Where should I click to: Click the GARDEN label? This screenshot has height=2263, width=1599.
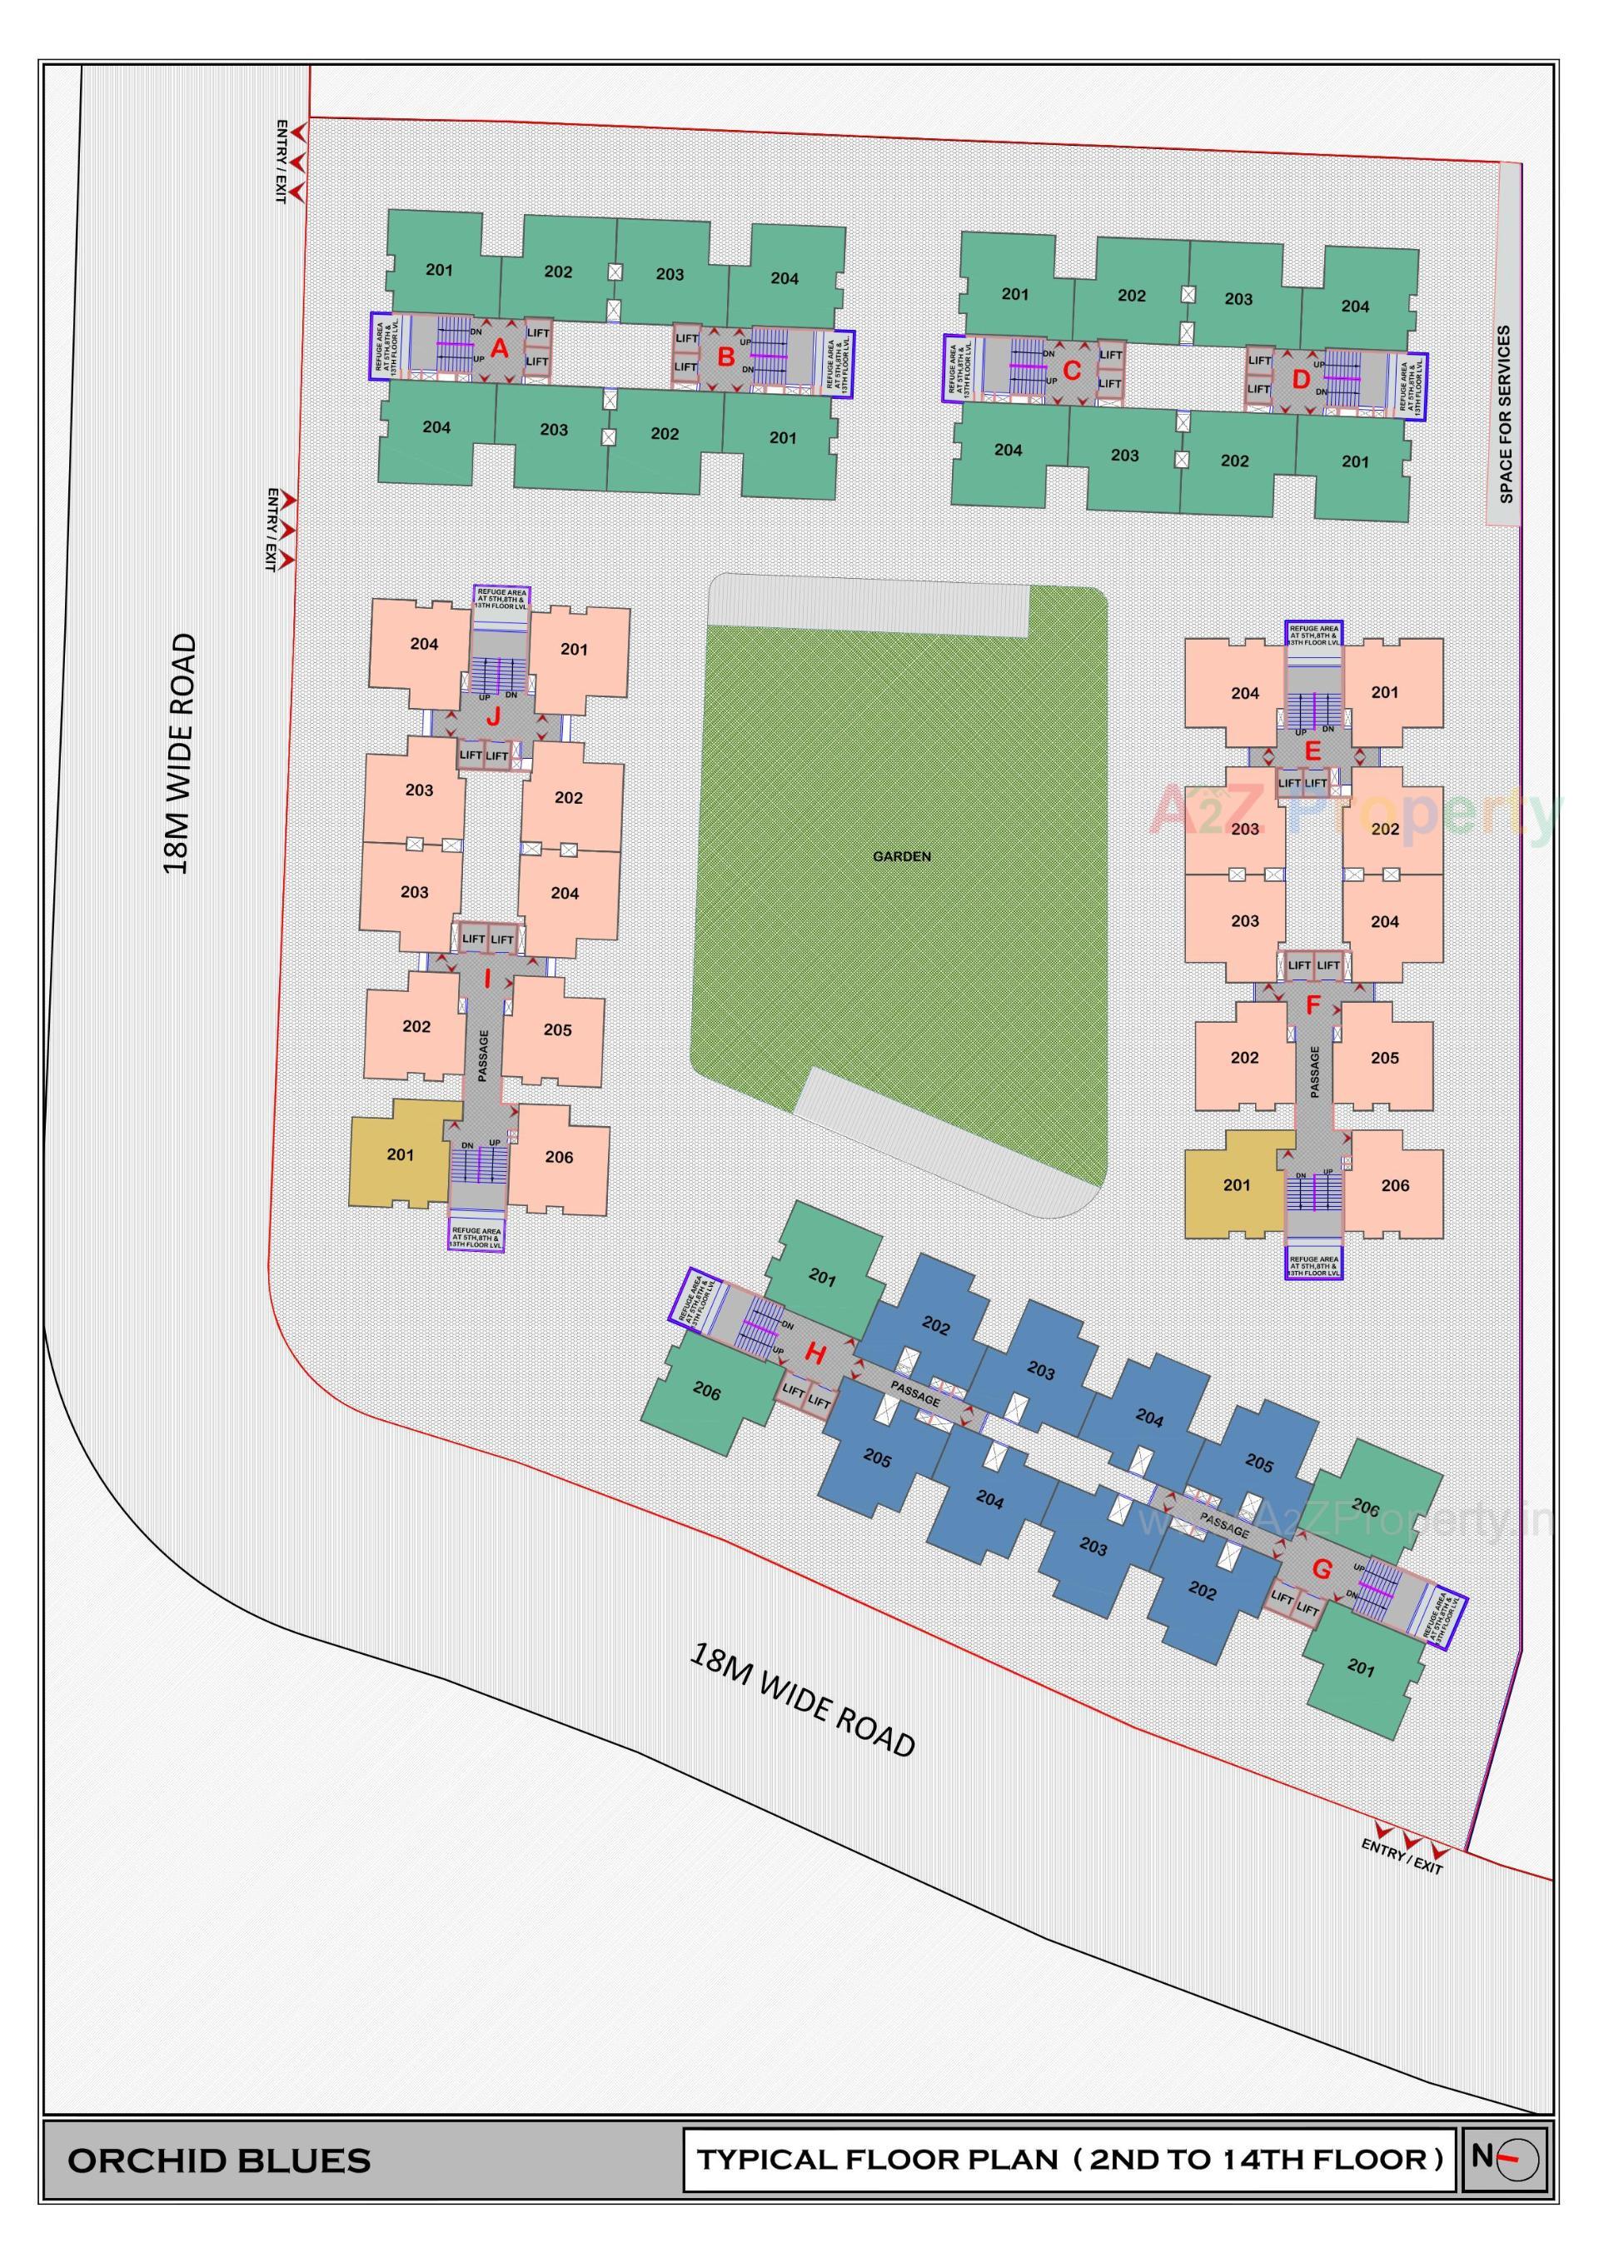pyautogui.click(x=901, y=856)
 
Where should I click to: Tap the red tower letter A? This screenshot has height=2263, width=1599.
pyautogui.click(x=500, y=348)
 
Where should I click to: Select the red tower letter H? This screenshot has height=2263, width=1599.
pyautogui.click(x=814, y=1354)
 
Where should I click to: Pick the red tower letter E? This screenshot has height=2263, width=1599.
pyautogui.click(x=1313, y=752)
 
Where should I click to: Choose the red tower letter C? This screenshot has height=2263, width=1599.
pyautogui.click(x=1073, y=371)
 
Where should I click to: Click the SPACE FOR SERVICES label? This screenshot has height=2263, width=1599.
pyautogui.click(x=1504, y=414)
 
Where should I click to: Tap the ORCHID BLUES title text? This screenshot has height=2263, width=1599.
pyautogui.click(x=219, y=2161)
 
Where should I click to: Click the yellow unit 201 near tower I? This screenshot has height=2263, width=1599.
pyautogui.click(x=401, y=1154)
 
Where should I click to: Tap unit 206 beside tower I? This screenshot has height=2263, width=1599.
pyautogui.click(x=559, y=1157)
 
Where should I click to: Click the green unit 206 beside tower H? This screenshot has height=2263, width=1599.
pyautogui.click(x=706, y=1391)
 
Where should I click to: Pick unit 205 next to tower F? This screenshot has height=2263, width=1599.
pyautogui.click(x=1384, y=1058)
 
